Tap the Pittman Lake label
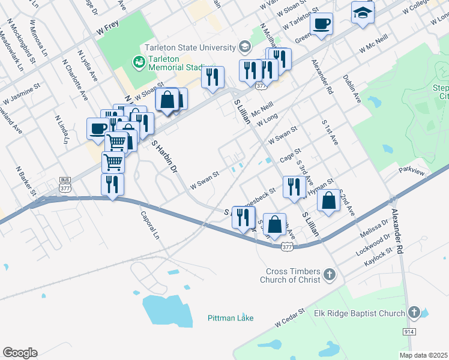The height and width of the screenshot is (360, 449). point(231,318)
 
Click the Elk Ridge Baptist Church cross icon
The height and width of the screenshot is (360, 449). point(414,313)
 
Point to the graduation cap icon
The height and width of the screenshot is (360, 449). point(363,13)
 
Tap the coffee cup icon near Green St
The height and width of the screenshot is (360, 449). point(322,25)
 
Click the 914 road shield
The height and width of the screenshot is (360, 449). point(409,331)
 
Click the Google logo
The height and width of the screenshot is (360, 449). point(20,353)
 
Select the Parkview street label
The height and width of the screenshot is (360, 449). point(411,172)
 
